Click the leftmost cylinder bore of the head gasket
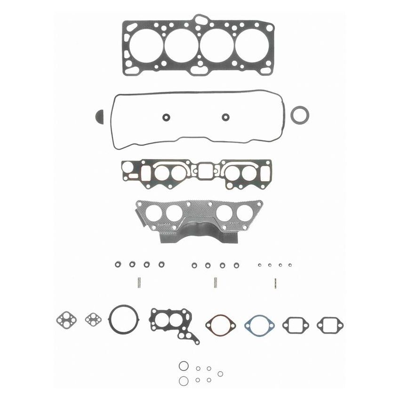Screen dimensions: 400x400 [146, 45]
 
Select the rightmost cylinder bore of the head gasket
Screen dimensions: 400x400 [252, 45]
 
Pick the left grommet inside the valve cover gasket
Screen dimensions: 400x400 [166, 117]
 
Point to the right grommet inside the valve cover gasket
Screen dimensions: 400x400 [226, 117]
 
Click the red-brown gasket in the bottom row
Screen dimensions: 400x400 [220, 325]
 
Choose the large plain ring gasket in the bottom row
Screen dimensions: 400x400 [124, 319]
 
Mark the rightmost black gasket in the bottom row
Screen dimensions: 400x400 [330, 325]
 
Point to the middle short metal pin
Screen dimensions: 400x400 [215, 283]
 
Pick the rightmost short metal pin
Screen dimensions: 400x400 [275, 283]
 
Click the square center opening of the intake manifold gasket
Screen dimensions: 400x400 [206, 171]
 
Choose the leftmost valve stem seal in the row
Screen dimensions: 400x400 [118, 264]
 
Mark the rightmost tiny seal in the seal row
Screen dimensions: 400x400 [290, 265]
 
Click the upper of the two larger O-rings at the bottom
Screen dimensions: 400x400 [183, 366]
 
